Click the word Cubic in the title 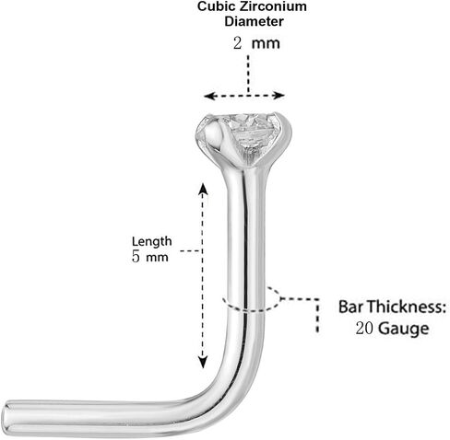coord(212,6)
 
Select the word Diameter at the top coord(254,21)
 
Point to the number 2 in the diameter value coord(237,43)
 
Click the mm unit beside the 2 coord(266,44)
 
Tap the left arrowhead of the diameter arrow coord(208,96)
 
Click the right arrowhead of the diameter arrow coord(279,96)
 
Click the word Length coord(151,242)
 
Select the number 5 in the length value coord(136,257)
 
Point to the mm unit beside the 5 coord(157,258)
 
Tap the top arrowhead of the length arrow coord(203,188)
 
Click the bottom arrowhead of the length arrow coord(203,362)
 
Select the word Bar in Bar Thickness coord(351,307)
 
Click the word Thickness coord(407,307)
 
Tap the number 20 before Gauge coord(364,329)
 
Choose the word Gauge coord(403,330)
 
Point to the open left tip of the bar coord(6,418)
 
